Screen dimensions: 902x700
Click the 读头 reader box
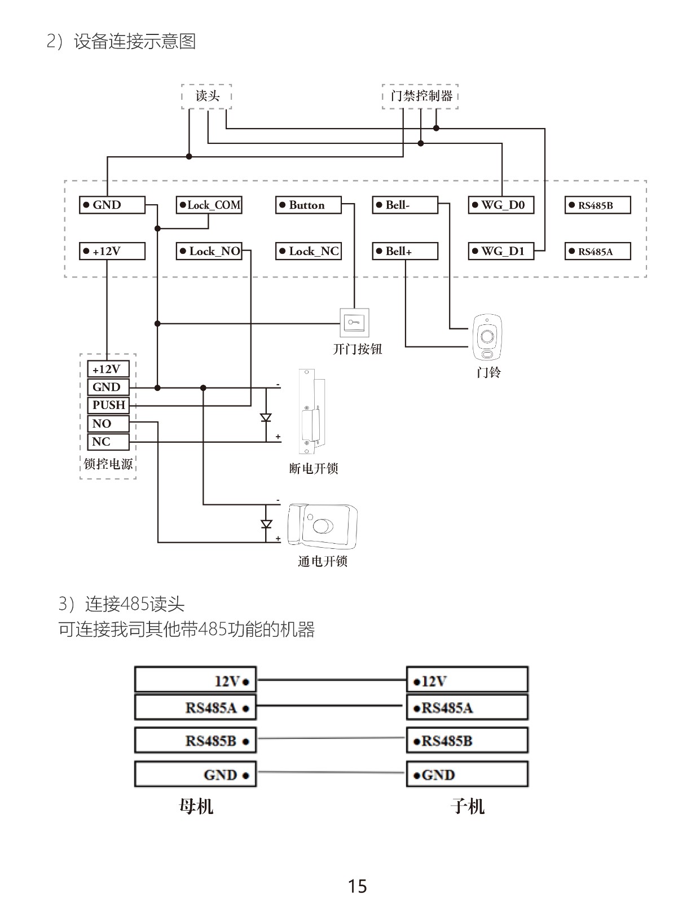[206, 96]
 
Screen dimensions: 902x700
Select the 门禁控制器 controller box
[420, 96]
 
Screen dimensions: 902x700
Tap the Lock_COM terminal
[209, 205]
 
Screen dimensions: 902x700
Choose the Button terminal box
[308, 205]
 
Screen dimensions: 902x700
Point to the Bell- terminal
[405, 205]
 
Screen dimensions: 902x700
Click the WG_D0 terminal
[501, 205]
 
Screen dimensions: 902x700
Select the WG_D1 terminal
[501, 251]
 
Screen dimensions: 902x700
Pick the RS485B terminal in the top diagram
[597, 205]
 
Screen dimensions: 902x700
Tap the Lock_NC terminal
[308, 251]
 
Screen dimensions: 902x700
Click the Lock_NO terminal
[209, 251]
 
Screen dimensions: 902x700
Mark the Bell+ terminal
[405, 251]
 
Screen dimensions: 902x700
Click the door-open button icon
[354, 323]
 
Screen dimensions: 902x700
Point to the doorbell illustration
[487, 337]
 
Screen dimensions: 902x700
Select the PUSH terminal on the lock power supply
[108, 405]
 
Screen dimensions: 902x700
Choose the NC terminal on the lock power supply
[108, 442]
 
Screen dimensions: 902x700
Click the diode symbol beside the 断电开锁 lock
[266, 418]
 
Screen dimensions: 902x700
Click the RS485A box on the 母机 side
[195, 707]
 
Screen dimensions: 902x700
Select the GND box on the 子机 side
[467, 775]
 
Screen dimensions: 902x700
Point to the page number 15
[357, 886]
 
